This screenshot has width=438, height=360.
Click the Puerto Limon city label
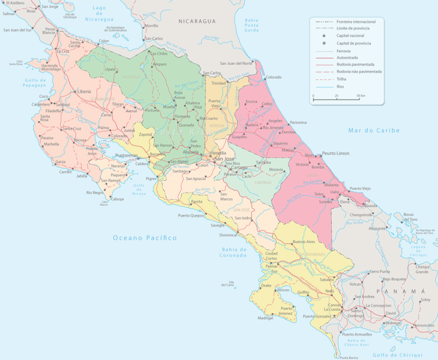[336, 154]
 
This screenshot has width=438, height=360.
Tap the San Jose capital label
[216, 158]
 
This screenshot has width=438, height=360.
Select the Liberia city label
[84, 91]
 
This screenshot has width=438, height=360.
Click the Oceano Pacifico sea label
[145, 238]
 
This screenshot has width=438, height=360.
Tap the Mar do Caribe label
[374, 130]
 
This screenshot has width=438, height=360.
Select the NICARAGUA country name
[197, 21]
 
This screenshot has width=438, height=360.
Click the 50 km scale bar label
[361, 96]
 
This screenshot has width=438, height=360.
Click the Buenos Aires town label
[303, 241]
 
